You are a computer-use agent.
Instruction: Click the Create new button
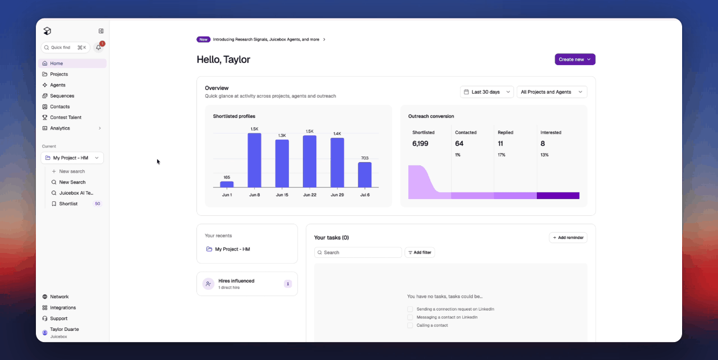[575, 59]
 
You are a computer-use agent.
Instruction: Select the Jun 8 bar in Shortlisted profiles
[255, 160]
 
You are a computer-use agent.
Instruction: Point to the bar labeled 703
[365, 174]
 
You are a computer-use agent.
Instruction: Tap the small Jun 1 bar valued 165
[227, 184]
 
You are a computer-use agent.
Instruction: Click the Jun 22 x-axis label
[310, 195]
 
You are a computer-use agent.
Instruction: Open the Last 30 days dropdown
[487, 92]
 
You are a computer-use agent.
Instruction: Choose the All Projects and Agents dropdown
[551, 92]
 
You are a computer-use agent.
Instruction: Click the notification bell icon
[98, 48]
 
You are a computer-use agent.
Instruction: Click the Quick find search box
[66, 48]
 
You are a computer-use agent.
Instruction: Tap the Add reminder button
[568, 238]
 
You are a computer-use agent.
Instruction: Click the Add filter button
[420, 252]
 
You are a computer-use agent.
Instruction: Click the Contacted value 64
[459, 144]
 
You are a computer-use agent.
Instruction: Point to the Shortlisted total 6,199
[420, 144]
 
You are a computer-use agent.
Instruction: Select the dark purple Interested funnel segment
[558, 195]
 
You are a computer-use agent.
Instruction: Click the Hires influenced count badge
[288, 284]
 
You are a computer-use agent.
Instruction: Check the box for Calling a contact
[410, 325]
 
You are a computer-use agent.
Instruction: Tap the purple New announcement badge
[203, 39]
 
